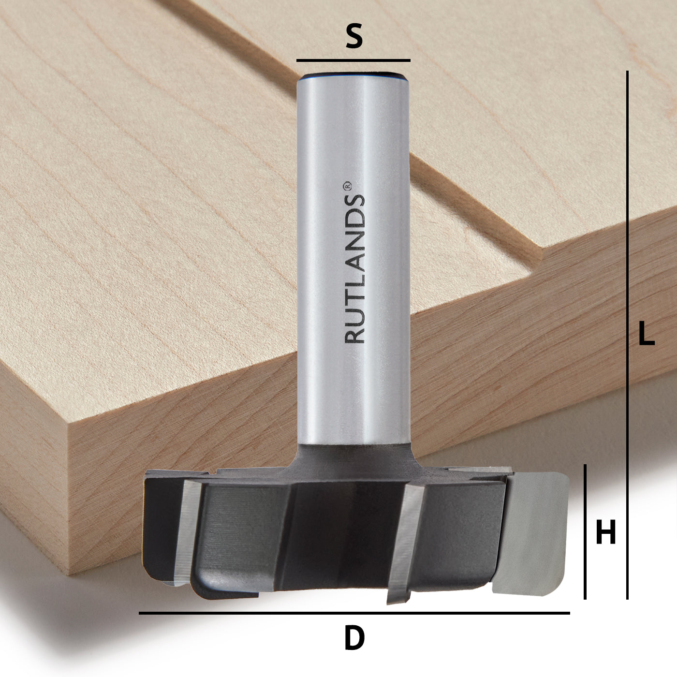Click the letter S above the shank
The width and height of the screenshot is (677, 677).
tap(354, 37)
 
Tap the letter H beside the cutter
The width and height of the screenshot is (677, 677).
tap(605, 533)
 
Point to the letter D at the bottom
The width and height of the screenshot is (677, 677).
tap(354, 638)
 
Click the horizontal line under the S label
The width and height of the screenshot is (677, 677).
tap(353, 60)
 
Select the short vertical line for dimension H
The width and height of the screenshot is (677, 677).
tap(585, 532)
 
